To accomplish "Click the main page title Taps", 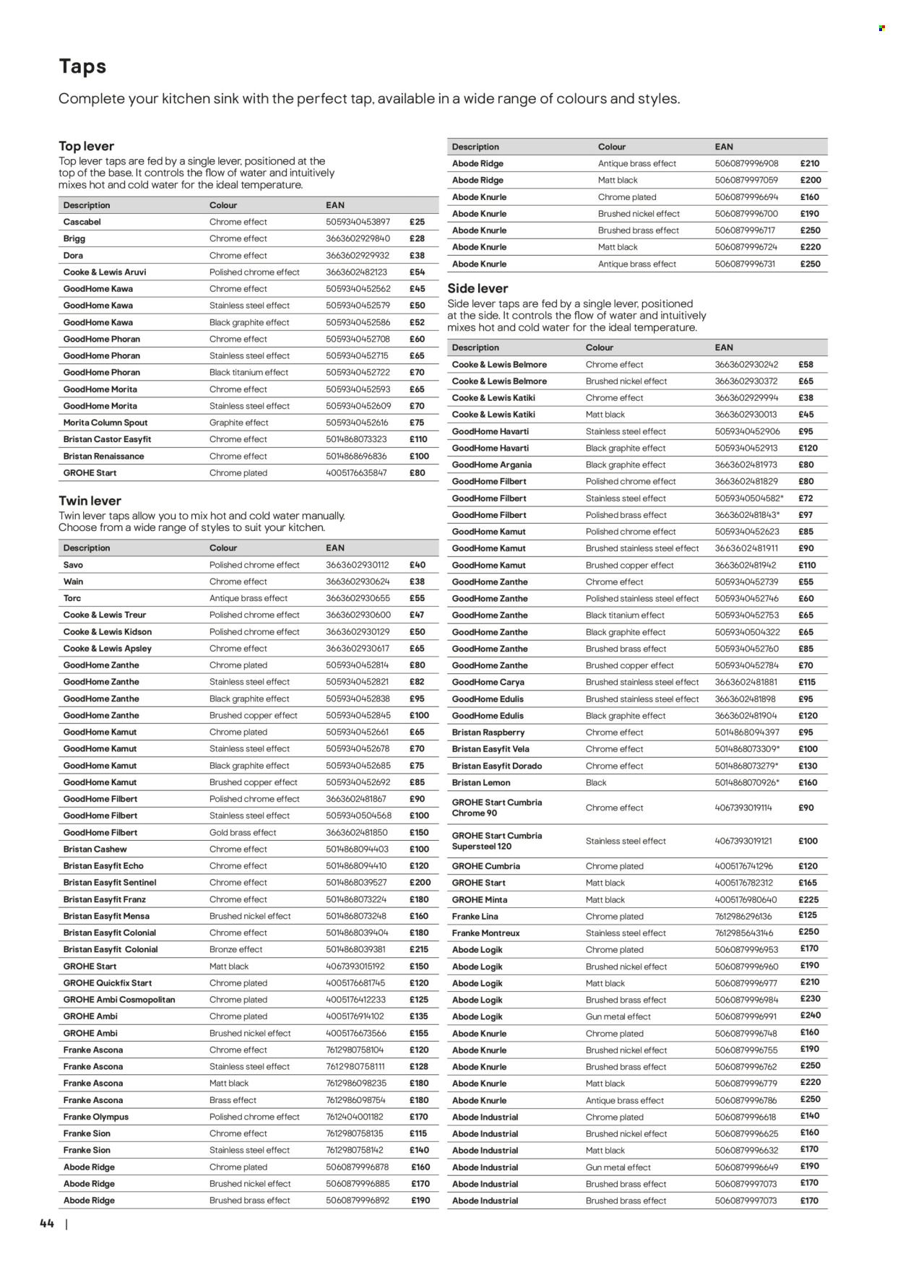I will (x=82, y=66).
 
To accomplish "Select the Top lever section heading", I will (x=86, y=146).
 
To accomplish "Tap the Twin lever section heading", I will (x=90, y=501).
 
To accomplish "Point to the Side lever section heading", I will (x=478, y=288).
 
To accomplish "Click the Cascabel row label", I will (x=82, y=222).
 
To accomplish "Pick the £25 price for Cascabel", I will (x=417, y=222).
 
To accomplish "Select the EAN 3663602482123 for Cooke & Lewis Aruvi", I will (x=356, y=272).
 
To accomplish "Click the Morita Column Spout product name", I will (x=105, y=423).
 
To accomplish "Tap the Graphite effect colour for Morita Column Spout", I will (x=238, y=423).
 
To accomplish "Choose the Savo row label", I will (x=73, y=565).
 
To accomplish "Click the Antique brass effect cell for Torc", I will (x=248, y=598).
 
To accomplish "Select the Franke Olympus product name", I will (x=95, y=1117).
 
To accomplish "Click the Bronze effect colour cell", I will (x=236, y=949).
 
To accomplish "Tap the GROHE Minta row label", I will (x=479, y=899).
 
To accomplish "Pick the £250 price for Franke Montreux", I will (x=808, y=933).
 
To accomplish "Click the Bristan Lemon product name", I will (x=480, y=782).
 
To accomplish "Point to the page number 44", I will (x=47, y=1223).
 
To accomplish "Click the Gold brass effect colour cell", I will (x=243, y=832).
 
